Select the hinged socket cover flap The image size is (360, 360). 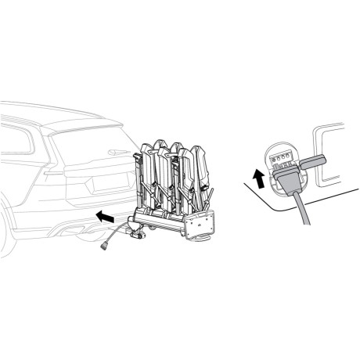311,161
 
